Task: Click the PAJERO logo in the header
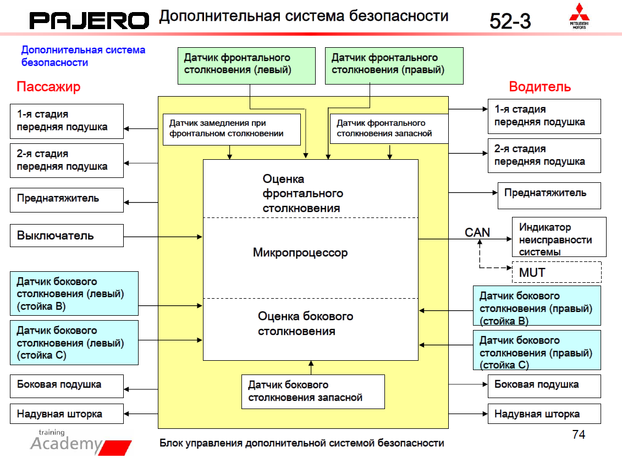point(89,21)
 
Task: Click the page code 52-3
point(510,21)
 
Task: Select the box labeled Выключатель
point(67,236)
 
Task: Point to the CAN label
point(477,232)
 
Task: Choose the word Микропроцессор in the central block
point(300,253)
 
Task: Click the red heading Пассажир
point(48,87)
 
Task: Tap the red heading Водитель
point(540,87)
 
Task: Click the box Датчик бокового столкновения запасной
point(313,391)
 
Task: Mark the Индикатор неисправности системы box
point(559,237)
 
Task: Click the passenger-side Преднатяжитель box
point(67,199)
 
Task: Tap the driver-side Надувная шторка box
point(544,413)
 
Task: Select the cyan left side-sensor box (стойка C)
point(74,343)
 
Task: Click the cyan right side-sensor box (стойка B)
point(536,305)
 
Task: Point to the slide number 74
point(579,435)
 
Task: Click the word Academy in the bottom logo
point(67,444)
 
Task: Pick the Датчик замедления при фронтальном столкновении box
point(232,129)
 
